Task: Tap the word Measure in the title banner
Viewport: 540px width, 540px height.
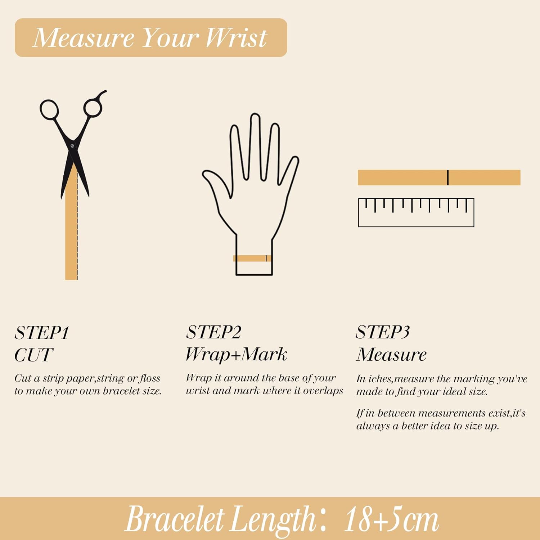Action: point(83,37)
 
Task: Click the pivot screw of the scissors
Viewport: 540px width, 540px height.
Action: point(73,146)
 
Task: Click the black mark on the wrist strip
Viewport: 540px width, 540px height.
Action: point(266,258)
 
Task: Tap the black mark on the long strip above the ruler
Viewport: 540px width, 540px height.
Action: point(448,177)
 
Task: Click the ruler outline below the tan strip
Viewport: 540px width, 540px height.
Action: point(416,226)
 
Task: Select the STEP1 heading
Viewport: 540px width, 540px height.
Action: point(42,333)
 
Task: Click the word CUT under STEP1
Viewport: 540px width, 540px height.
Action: point(34,355)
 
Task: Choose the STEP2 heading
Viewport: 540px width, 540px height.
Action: point(213,332)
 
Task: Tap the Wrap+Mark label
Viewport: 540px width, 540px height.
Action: point(236,355)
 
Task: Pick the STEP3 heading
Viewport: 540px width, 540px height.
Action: point(383,332)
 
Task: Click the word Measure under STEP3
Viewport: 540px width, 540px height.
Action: point(392,355)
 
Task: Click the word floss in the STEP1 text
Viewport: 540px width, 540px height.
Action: point(150,378)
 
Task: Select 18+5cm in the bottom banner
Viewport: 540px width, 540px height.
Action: point(392,519)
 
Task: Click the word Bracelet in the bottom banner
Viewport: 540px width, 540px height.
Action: point(175,519)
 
